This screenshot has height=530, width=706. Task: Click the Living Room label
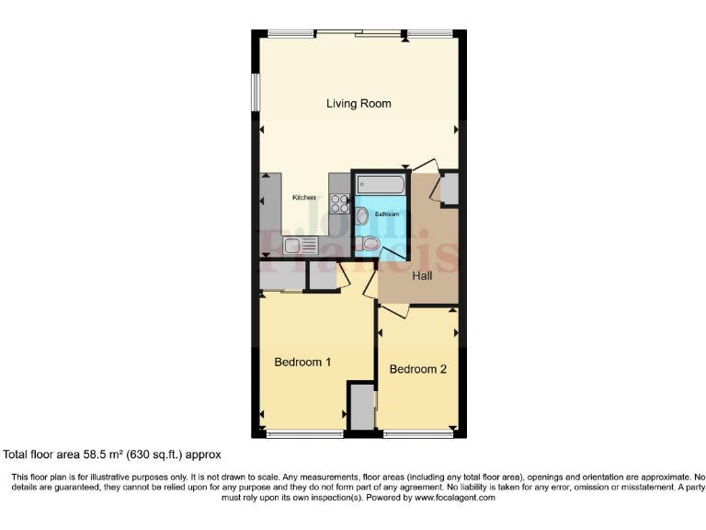tap(359, 104)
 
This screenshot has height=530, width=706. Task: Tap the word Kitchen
tap(304, 198)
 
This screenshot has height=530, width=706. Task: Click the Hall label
tap(422, 275)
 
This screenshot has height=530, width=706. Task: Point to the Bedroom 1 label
tap(302, 362)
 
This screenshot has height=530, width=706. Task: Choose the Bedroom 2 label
tap(417, 369)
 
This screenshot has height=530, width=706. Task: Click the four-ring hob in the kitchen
tap(339, 205)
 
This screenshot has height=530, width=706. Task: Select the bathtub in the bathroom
tap(381, 185)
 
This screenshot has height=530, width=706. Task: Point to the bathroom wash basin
tap(361, 216)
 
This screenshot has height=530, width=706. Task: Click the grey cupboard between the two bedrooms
tap(361, 407)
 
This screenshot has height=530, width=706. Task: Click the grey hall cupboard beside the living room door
tap(449, 190)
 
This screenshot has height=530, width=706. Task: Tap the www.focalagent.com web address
tap(442, 497)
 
